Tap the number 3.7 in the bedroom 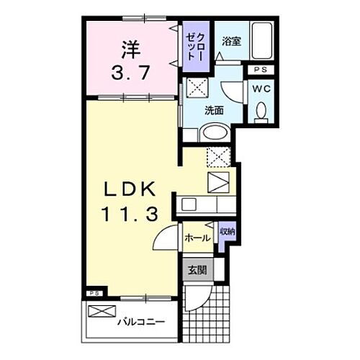[x=130, y=72]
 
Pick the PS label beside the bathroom [x=260, y=70]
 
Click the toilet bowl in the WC [x=260, y=110]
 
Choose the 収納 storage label [x=228, y=232]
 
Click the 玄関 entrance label [x=197, y=270]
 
